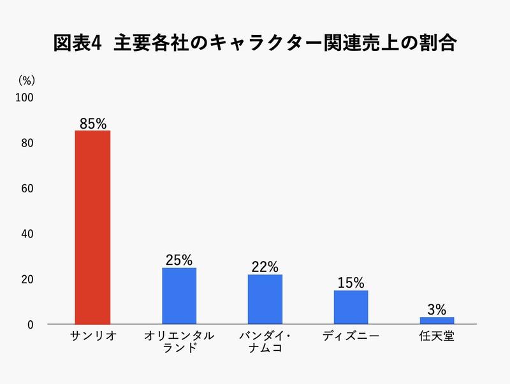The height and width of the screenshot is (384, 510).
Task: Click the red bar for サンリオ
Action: tap(92, 227)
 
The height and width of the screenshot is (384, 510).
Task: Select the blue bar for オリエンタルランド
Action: tap(179, 296)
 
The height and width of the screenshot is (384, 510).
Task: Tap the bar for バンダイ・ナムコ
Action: tap(265, 299)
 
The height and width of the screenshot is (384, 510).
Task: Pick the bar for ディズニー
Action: tap(351, 308)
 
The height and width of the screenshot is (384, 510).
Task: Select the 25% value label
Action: tap(179, 260)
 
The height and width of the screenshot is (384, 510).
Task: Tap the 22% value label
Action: tap(265, 267)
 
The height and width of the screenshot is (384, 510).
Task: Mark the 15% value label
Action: tap(351, 283)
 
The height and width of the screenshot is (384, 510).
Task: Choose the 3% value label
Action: tap(437, 310)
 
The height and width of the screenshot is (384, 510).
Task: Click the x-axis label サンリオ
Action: tap(92, 336)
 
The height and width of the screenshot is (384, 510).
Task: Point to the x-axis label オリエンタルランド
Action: tap(179, 342)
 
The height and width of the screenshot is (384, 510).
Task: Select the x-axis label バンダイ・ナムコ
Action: tap(265, 342)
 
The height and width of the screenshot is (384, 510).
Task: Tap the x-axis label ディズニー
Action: tap(351, 336)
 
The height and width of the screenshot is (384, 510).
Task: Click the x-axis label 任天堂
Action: tap(437, 336)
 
